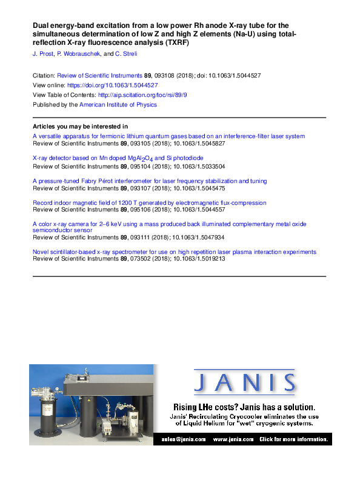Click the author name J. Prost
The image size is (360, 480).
(42, 55)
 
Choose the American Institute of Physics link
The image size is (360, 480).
(118, 105)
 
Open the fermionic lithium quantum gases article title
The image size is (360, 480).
(168, 136)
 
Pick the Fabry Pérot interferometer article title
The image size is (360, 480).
(149, 181)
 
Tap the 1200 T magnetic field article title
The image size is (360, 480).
(149, 202)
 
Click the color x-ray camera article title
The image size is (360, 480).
(169, 224)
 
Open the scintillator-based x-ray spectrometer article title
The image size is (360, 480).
(174, 252)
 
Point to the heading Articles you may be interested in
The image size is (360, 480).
(80, 126)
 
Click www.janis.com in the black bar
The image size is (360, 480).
(228, 439)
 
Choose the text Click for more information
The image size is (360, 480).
(294, 439)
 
